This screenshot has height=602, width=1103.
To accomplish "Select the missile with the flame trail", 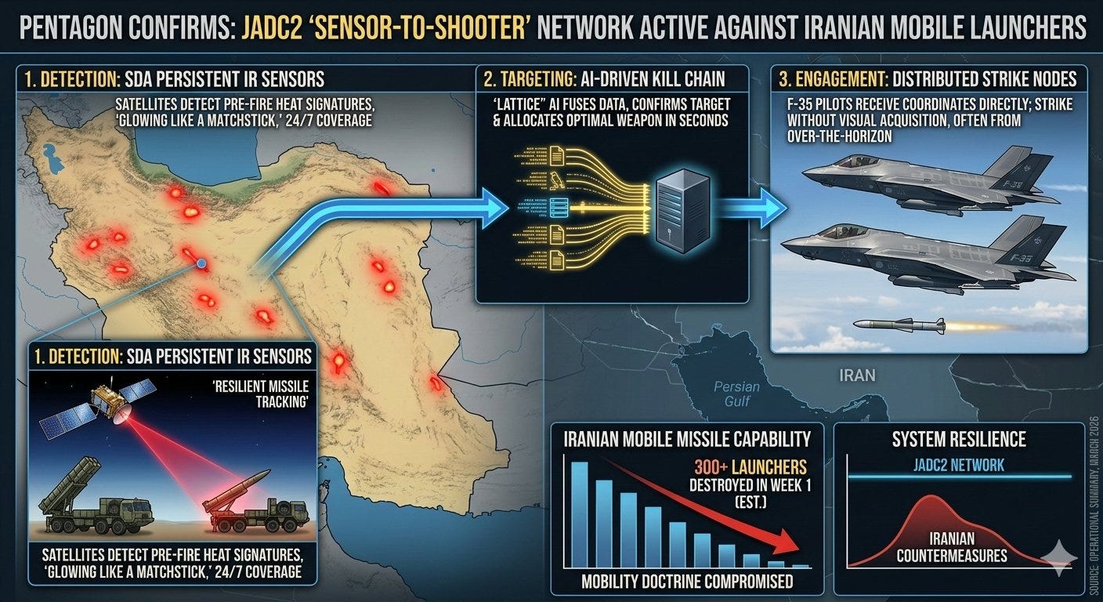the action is click(x=901, y=325).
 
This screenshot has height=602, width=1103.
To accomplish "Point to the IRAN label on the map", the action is click(x=857, y=375).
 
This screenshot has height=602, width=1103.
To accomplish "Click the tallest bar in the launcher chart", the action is click(x=580, y=514).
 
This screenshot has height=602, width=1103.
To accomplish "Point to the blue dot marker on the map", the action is click(x=202, y=264).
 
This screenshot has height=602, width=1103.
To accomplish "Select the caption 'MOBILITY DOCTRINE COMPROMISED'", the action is click(x=687, y=581).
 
